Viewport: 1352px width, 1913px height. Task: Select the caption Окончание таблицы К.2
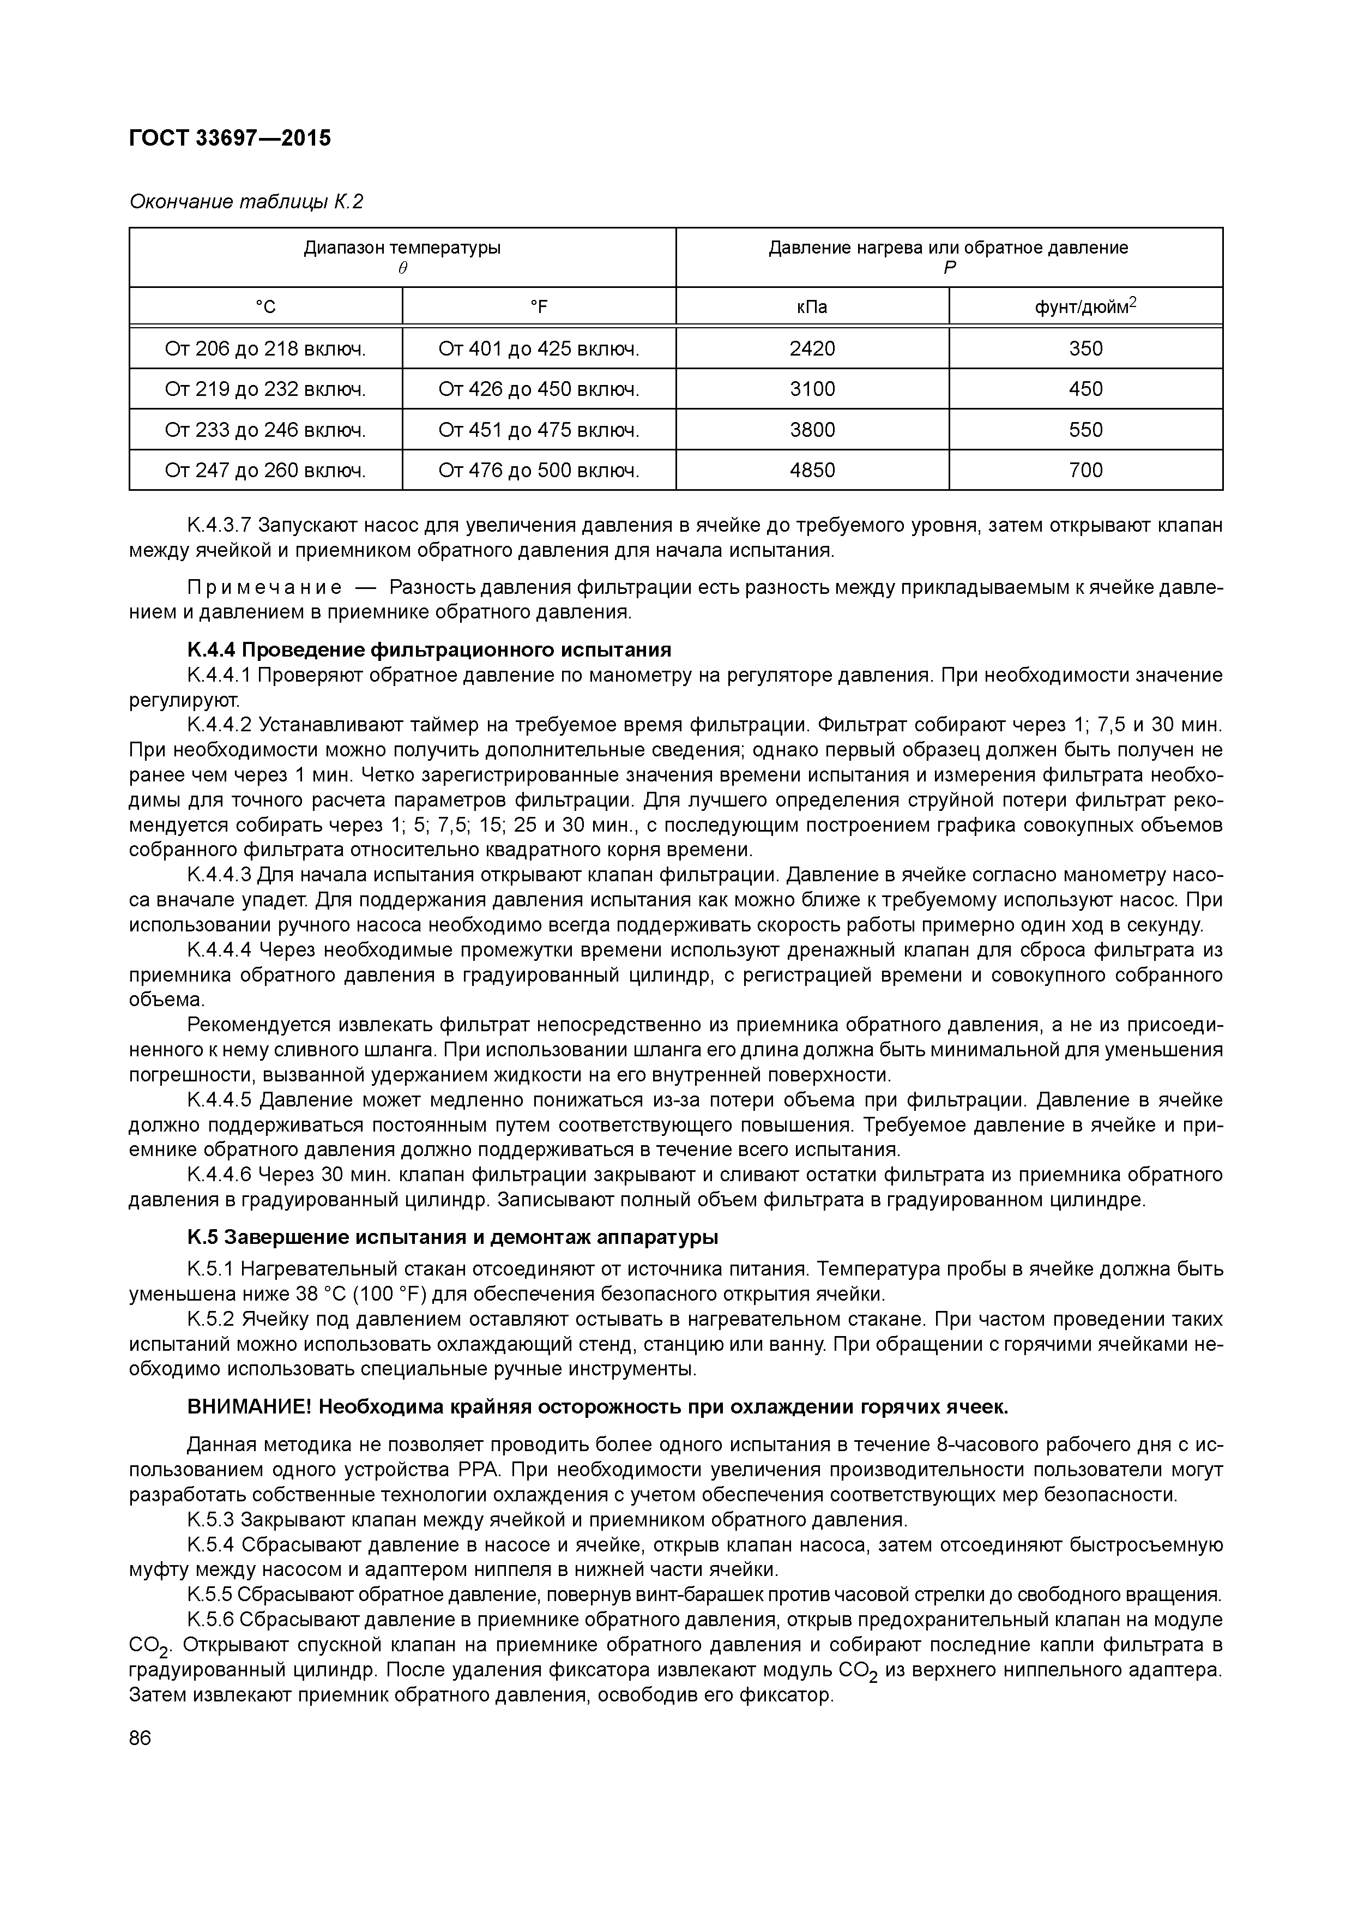[246, 202]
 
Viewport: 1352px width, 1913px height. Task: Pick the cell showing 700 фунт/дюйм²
[1085, 471]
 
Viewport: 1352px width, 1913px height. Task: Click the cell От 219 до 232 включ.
[265, 390]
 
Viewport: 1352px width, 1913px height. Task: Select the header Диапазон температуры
[402, 248]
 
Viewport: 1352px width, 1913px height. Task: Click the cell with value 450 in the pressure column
[1085, 390]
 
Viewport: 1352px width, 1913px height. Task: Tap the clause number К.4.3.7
[219, 526]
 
